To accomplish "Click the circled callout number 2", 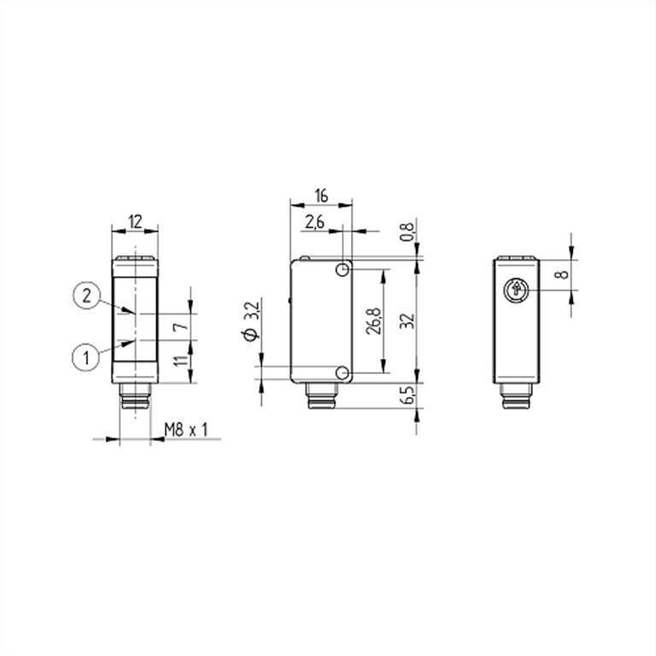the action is (86, 296).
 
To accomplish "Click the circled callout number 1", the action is (86, 358).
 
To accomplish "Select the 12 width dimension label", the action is (135, 221).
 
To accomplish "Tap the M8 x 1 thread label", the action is (186, 430).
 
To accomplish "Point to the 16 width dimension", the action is (321, 196).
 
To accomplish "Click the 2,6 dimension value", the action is (314, 222).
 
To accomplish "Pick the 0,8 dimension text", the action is (407, 231).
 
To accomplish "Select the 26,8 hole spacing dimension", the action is (373, 321).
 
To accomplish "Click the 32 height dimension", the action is (407, 320).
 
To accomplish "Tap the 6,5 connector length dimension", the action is (407, 395).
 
